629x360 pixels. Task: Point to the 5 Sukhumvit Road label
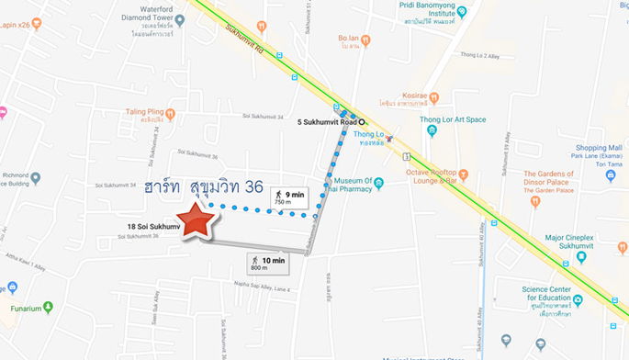coord(328,121)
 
